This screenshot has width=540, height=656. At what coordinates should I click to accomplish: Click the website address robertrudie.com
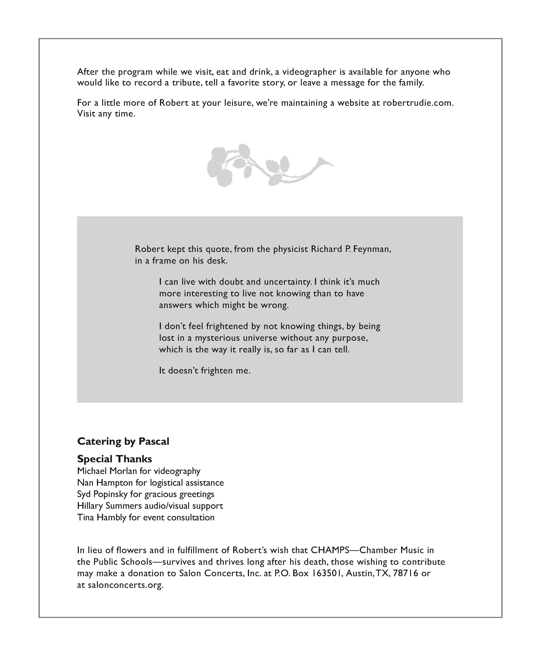417,103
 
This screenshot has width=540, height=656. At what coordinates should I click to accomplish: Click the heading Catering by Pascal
123,441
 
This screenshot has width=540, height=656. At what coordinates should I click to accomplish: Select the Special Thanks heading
115,459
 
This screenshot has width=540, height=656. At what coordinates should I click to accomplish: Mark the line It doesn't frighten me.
205,371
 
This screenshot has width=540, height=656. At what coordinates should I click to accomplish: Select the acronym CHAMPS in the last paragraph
330,550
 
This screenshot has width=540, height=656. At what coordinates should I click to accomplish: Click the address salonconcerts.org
125,585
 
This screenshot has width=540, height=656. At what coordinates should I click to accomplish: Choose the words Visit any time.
106,114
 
